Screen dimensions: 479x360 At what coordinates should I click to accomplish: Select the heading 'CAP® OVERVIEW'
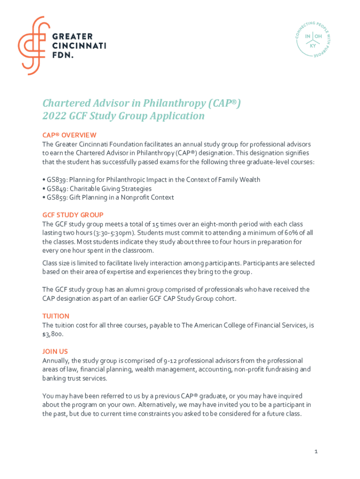coord(69,135)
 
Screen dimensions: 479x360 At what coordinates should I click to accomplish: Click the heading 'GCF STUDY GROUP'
coord(73,215)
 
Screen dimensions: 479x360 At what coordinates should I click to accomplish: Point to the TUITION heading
coord(56,316)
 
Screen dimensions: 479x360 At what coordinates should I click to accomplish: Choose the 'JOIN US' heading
coord(55,351)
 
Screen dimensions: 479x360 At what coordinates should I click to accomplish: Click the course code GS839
coord(57,180)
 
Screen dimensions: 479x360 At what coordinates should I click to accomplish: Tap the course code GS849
coord(57,189)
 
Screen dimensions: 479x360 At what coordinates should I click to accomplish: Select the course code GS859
coord(57,197)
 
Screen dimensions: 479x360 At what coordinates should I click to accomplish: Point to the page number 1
coord(316,451)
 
